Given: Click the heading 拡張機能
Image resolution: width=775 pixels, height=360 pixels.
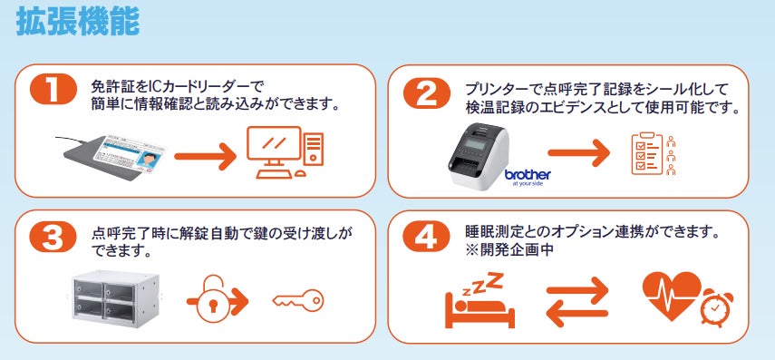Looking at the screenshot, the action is point(78,23).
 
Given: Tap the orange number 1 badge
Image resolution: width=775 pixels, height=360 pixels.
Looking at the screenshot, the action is point(53,90).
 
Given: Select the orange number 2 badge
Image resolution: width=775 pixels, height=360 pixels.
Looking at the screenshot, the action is point(427,93).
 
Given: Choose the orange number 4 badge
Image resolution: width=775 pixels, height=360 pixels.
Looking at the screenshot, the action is point(426,237).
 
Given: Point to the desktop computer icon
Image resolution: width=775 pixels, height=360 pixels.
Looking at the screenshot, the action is point(285,151).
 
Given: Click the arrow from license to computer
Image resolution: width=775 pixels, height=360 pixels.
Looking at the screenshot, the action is point(206,156).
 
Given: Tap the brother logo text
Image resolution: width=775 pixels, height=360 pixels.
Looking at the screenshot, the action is point(528,175).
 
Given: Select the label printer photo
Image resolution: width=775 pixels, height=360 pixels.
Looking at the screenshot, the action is point(479,156).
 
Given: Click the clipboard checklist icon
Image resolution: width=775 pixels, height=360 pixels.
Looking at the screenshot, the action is point(647,153).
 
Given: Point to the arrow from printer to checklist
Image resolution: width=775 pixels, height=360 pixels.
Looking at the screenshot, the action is point(579,152).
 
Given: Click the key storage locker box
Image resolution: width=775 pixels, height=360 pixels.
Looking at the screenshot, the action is point(116,297).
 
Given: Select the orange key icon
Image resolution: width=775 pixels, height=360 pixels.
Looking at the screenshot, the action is point(298,300).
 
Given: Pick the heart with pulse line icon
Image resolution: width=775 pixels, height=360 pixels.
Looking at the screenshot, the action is point(673,297).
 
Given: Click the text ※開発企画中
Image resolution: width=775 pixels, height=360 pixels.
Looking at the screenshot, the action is point(509,249).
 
